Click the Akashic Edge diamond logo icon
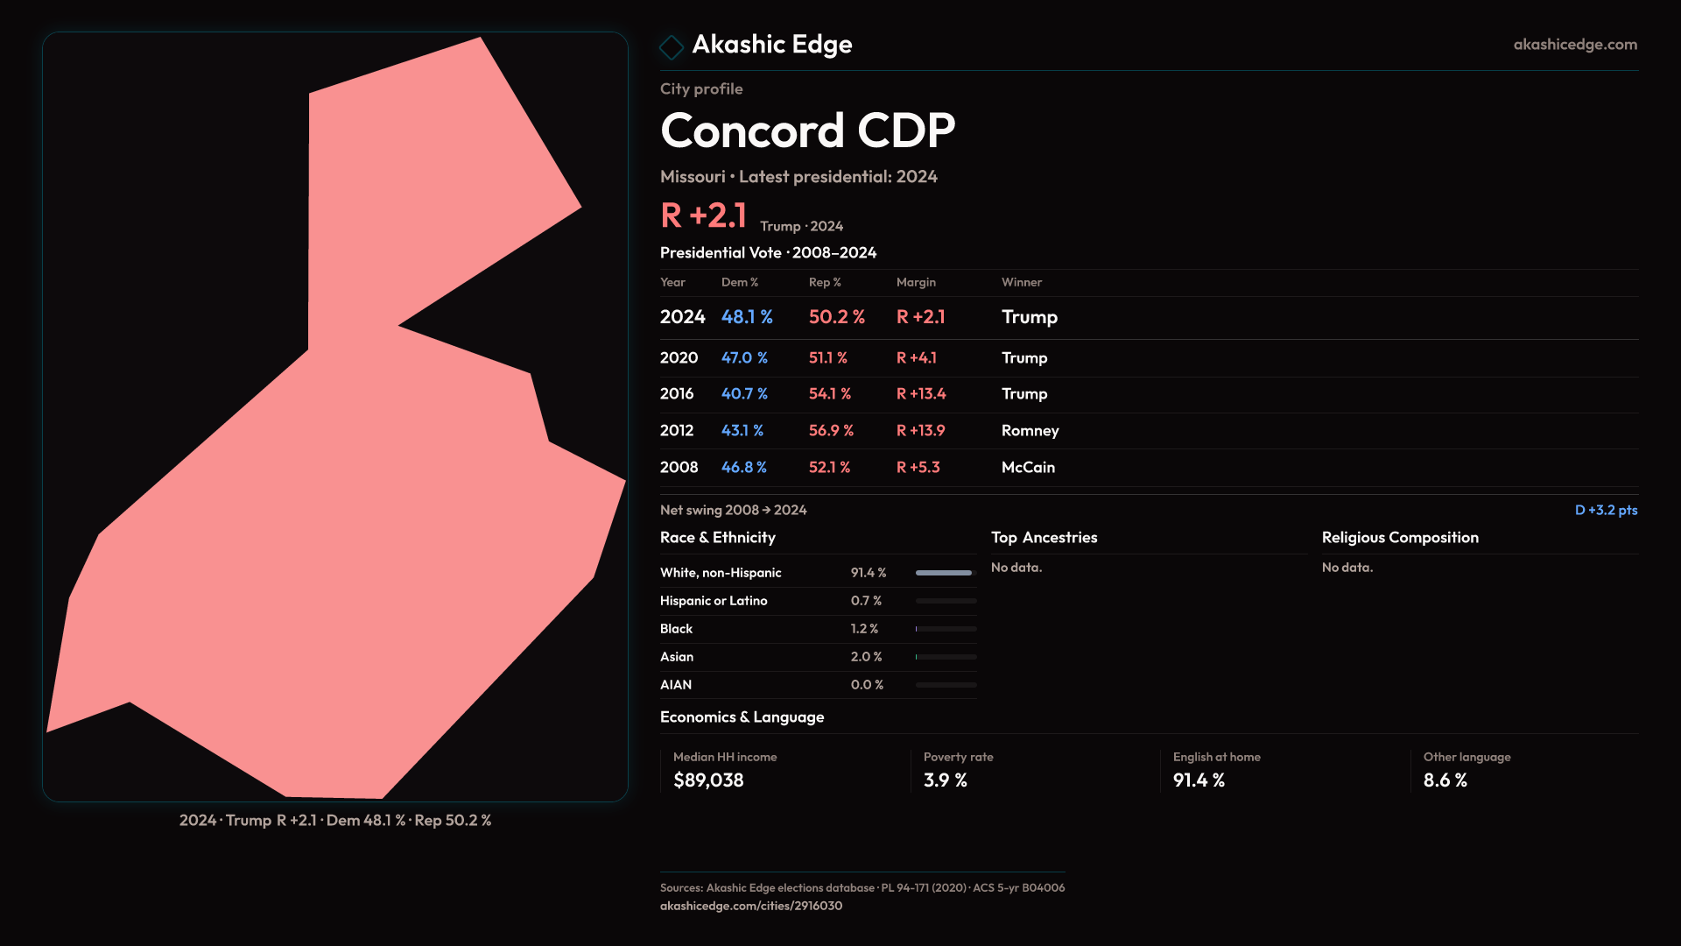(x=672, y=46)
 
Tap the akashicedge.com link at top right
(x=1575, y=45)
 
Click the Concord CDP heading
(x=807, y=131)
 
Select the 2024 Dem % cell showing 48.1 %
(x=747, y=317)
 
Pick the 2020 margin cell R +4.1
(x=916, y=358)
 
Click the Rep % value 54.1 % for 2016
(x=829, y=394)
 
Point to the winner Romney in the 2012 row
(x=1030, y=431)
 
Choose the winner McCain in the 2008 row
(x=1028, y=468)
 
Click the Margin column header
(x=916, y=282)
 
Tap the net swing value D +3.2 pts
(x=1606, y=511)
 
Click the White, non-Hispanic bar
(x=945, y=573)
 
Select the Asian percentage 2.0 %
(x=866, y=657)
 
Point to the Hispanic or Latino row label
(x=714, y=601)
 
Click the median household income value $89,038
(x=708, y=780)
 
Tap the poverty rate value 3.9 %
(x=945, y=780)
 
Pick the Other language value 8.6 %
(x=1445, y=780)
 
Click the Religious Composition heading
(x=1400, y=538)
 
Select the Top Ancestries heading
(x=1044, y=538)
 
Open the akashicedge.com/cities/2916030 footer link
(x=750, y=907)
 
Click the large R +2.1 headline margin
(x=703, y=215)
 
